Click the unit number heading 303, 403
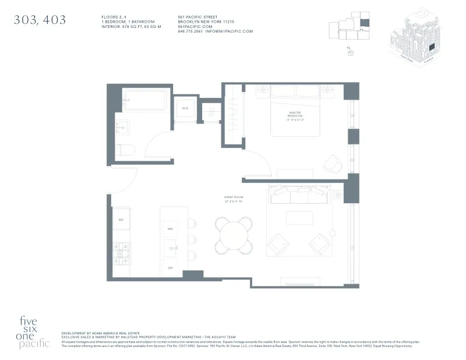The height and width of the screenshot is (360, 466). pos(40,20)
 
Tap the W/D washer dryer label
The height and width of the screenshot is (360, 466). pos(185,108)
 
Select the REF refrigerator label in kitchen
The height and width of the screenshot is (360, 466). pos(121,220)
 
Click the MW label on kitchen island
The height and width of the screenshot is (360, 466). pos(171,230)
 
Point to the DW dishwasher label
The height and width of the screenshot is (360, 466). pos(171,267)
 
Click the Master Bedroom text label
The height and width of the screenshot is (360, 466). pos(296,115)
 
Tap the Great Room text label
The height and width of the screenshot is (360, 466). pos(233,199)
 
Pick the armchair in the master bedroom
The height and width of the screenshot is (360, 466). pos(333,164)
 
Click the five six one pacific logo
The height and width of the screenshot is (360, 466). pos(35,331)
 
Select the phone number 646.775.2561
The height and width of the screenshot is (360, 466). pos(190,31)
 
